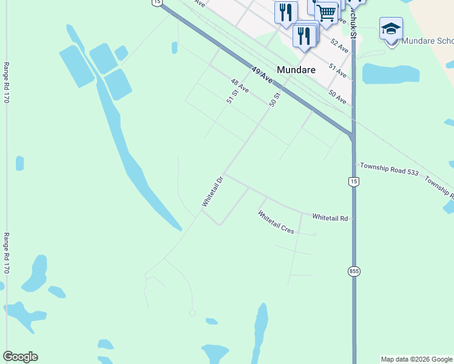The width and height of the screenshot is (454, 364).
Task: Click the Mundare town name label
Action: tap(296, 70)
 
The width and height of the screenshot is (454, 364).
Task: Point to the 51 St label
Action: tap(231, 97)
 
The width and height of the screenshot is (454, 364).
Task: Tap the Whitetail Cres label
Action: tap(276, 223)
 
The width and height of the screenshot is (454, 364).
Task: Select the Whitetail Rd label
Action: tap(330, 217)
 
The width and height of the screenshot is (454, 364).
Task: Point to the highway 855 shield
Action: tap(354, 271)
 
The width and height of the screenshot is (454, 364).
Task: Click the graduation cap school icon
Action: tap(391, 29)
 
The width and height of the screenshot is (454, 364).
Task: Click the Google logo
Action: tap(20, 357)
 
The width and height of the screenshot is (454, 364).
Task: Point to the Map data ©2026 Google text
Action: tap(416, 359)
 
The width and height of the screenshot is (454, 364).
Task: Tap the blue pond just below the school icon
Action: tap(391, 73)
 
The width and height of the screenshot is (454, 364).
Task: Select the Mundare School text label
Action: tap(428, 41)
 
